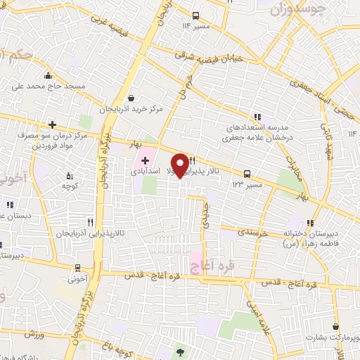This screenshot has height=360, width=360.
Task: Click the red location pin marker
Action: (181, 165)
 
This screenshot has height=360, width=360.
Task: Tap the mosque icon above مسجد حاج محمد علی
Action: (48, 76)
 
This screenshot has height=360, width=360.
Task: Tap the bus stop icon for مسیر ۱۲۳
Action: (246, 173)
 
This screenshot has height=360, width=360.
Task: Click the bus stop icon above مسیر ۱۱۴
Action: (195, 15)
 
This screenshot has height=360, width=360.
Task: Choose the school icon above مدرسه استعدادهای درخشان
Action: (257, 117)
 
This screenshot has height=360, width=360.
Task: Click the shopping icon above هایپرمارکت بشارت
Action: (336, 326)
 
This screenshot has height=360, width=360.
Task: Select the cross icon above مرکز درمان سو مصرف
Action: (52, 124)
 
